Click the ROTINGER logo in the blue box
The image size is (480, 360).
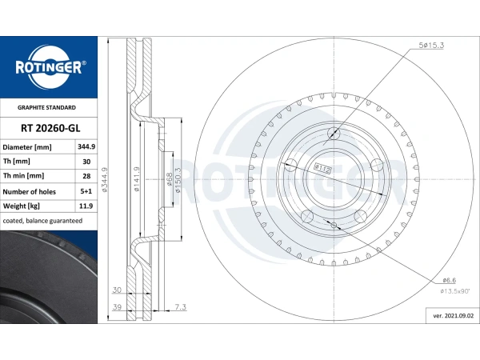click(49, 67)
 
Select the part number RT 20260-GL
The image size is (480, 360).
click(50, 128)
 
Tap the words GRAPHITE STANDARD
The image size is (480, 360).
click(46, 107)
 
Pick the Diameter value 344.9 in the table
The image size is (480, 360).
click(86, 147)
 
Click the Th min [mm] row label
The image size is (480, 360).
click(23, 176)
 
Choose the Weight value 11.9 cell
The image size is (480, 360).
click(86, 206)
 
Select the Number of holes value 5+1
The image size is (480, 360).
click(86, 191)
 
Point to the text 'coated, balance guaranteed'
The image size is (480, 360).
click(42, 221)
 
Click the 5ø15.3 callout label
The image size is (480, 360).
click(431, 46)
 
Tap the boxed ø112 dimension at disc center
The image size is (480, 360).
click(322, 168)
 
